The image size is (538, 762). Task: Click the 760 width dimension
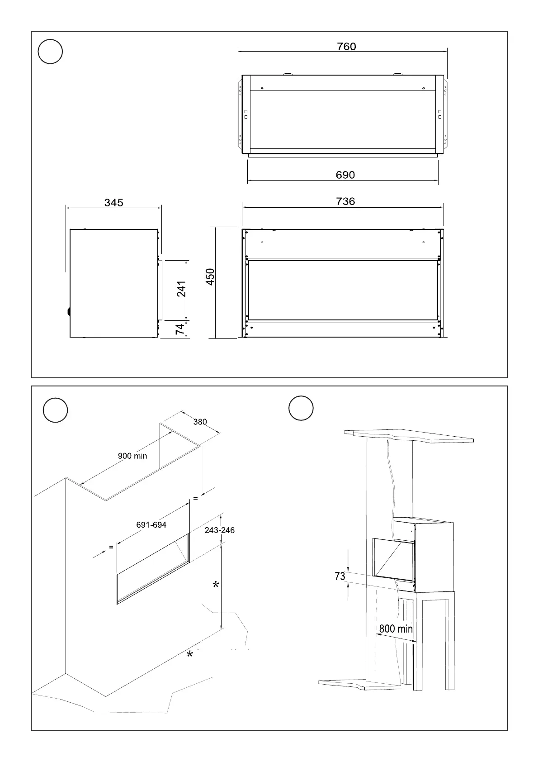tap(346, 47)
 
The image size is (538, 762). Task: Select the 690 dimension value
tap(345, 175)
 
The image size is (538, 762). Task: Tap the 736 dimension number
tap(345, 201)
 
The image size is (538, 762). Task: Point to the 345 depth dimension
tap(114, 203)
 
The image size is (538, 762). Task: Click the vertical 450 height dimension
tap(210, 277)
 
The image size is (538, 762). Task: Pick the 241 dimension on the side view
tap(182, 289)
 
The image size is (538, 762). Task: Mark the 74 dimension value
tap(181, 329)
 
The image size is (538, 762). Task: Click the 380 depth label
tap(200, 422)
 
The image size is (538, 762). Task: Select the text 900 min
tap(132, 456)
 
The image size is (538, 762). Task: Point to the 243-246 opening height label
tap(220, 530)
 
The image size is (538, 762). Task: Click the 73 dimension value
tap(340, 576)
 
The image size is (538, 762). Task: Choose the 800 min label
tap(396, 629)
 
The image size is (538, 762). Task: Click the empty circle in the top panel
tap(50, 52)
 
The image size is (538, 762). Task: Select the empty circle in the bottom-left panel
tap(55, 410)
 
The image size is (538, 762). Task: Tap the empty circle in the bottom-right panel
tap(301, 408)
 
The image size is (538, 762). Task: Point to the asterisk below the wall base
tap(190, 655)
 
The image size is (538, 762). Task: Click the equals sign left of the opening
tap(111, 547)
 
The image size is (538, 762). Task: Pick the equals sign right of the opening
tap(195, 499)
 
